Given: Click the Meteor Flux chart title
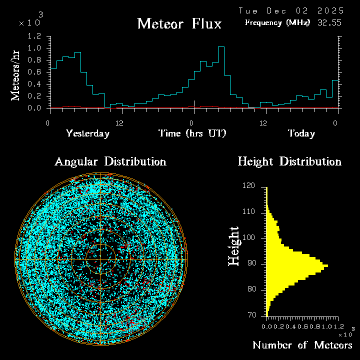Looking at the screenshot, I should point(179,23).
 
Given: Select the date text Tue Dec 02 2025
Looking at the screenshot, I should point(291,10).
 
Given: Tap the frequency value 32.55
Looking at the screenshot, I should point(330,22).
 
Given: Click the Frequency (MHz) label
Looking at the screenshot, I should point(277,22).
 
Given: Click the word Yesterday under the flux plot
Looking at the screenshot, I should point(87,133).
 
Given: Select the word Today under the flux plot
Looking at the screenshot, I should point(301,133).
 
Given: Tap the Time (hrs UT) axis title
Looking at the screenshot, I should point(192,133).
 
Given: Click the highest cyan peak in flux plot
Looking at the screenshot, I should point(221,47).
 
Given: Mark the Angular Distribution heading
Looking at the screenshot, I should point(110,161).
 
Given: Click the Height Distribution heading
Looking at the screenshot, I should point(289,161).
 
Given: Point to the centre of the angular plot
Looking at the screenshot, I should point(101,259).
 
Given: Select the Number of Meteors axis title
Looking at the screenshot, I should point(302,345).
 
